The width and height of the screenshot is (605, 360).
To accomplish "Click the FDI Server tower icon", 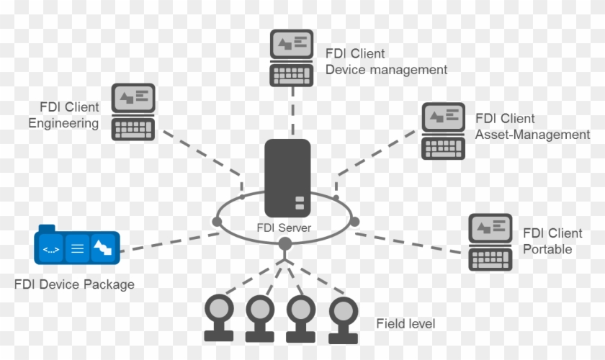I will tap(287, 177).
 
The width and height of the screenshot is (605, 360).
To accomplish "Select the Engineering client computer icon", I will tap(134, 112).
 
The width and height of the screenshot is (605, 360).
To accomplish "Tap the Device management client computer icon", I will tap(292, 57).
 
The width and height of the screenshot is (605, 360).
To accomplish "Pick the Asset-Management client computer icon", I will tap(443, 130).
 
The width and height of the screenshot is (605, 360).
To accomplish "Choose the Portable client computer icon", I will tap(490, 242).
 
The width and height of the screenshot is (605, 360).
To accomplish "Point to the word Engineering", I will tap(63, 123).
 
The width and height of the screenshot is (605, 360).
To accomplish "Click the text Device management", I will tap(386, 70).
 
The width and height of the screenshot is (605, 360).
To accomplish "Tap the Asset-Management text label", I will tap(532, 135).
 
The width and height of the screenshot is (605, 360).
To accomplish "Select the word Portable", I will tap(547, 249).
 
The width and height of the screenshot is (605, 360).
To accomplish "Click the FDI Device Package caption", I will tap(74, 284).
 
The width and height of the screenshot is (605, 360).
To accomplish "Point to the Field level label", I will tap(405, 324).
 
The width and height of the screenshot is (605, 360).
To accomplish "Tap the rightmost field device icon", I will tap(344, 319).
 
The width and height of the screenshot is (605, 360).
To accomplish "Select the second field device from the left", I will tap(259, 318).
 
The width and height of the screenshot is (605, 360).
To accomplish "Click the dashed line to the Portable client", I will tap(411, 242).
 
